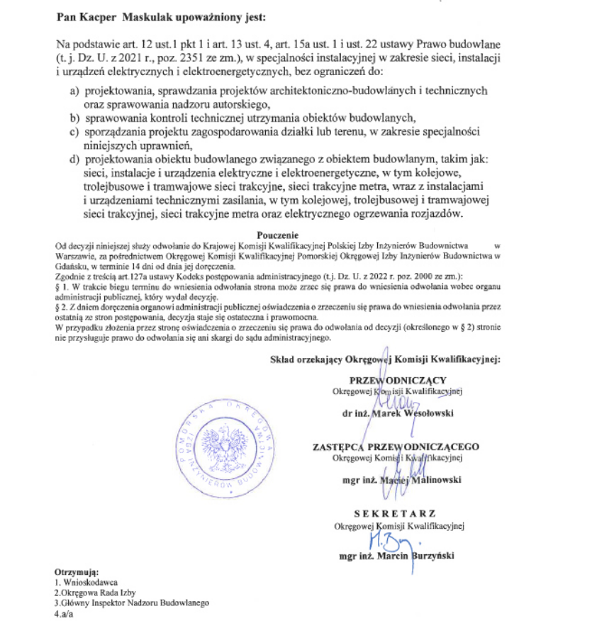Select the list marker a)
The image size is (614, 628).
pyautogui.click(x=74, y=92)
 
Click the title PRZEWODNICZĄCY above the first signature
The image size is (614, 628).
pyautogui.click(x=397, y=379)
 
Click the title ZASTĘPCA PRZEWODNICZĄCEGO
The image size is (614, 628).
pyautogui.click(x=395, y=447)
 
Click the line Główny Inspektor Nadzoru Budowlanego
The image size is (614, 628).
pyautogui.click(x=135, y=602)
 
